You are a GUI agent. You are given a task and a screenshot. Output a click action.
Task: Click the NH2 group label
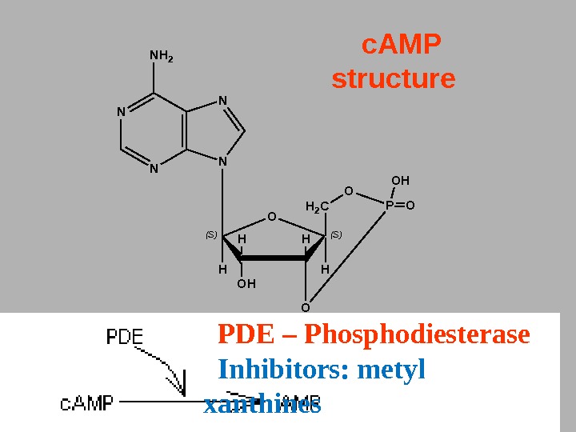pyautogui.click(x=162, y=57)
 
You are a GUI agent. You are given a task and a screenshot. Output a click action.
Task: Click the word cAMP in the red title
pyautogui.click(x=402, y=46)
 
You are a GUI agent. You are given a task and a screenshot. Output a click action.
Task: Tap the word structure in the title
pyautogui.click(x=393, y=80)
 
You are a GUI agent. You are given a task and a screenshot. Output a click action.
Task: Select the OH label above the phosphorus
pyautogui.click(x=399, y=181)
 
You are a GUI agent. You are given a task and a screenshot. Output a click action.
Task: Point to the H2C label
pyautogui.click(x=318, y=208)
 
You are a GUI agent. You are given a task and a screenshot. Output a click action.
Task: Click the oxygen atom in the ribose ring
pyautogui.click(x=271, y=216)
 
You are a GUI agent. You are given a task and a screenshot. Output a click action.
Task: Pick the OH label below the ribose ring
pyautogui.click(x=246, y=283)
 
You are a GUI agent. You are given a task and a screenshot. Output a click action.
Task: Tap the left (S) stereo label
pyautogui.click(x=211, y=234)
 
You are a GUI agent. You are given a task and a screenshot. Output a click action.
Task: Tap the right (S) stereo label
pyautogui.click(x=336, y=234)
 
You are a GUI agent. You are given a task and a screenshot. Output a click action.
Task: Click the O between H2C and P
pyautogui.click(x=348, y=190)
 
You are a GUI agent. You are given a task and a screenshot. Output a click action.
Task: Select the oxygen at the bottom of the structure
pyautogui.click(x=305, y=306)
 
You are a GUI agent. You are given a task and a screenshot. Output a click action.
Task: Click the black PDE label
pyautogui.click(x=125, y=338)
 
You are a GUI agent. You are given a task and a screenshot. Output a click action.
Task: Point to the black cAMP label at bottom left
pyautogui.click(x=87, y=402)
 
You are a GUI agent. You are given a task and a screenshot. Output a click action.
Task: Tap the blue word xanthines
pyautogui.click(x=262, y=406)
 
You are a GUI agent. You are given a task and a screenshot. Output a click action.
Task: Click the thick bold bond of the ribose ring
pyautogui.click(x=273, y=258)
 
